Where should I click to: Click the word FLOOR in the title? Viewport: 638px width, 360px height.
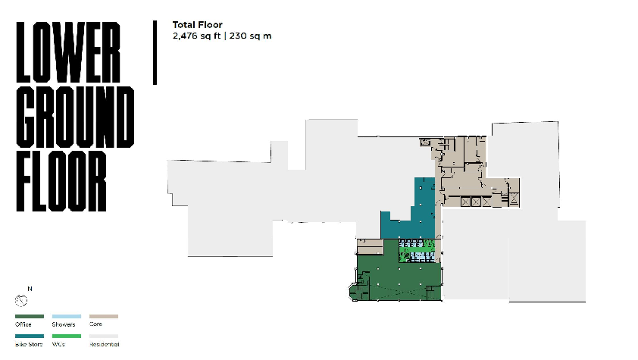click(x=61, y=182)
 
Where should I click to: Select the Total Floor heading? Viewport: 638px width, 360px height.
click(x=197, y=25)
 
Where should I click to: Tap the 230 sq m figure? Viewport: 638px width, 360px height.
click(x=250, y=35)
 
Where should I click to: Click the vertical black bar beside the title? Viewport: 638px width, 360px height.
click(x=155, y=52)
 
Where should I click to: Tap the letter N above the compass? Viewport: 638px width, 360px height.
click(x=30, y=289)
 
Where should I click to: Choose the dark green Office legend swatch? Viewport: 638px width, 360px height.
click(x=28, y=316)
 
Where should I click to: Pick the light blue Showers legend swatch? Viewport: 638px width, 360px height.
click(x=66, y=316)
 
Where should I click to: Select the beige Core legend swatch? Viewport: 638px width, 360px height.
click(x=104, y=316)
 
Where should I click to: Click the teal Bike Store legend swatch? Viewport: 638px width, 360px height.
click(x=28, y=336)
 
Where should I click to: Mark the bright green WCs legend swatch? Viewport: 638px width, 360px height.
click(x=66, y=336)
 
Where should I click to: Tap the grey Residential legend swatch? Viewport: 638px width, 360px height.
click(x=104, y=336)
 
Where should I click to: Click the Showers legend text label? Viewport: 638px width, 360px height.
click(x=63, y=324)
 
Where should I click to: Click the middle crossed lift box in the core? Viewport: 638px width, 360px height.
click(x=475, y=202)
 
